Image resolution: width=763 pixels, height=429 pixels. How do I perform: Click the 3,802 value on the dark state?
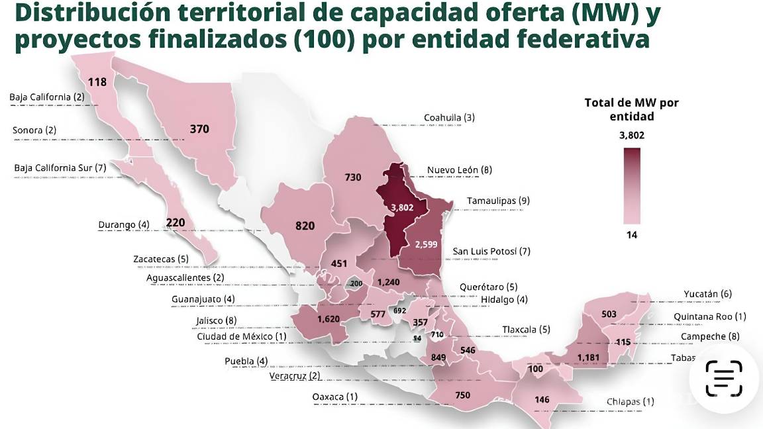(x=402, y=207)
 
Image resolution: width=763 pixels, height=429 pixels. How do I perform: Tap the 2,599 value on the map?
(x=426, y=244)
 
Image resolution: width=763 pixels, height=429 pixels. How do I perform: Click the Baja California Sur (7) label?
(x=60, y=167)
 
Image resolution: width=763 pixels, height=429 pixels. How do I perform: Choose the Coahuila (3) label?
(x=449, y=118)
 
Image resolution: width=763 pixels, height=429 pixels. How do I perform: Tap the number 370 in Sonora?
(x=199, y=129)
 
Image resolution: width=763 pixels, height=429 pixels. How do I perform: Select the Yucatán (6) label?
(x=707, y=294)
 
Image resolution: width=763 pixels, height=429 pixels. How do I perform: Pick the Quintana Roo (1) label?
(x=709, y=316)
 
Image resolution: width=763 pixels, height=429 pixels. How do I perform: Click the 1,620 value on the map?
(x=329, y=318)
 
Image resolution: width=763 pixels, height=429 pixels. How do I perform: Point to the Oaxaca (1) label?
(x=336, y=397)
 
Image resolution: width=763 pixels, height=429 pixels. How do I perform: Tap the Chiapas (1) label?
(x=630, y=401)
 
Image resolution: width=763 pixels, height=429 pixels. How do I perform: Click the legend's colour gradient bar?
(x=632, y=185)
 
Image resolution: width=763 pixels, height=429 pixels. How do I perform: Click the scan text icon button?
(x=725, y=378)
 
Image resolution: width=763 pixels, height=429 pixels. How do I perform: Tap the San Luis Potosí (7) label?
(x=491, y=252)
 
